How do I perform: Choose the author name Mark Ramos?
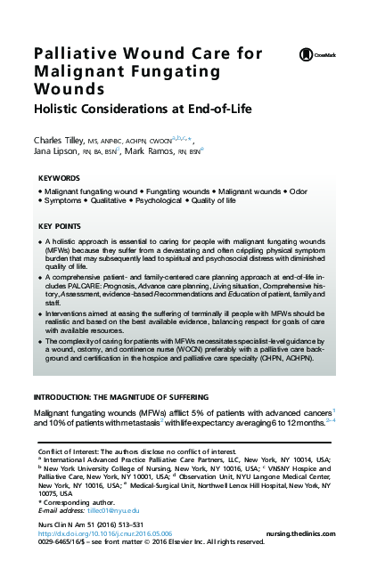point(143,153)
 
